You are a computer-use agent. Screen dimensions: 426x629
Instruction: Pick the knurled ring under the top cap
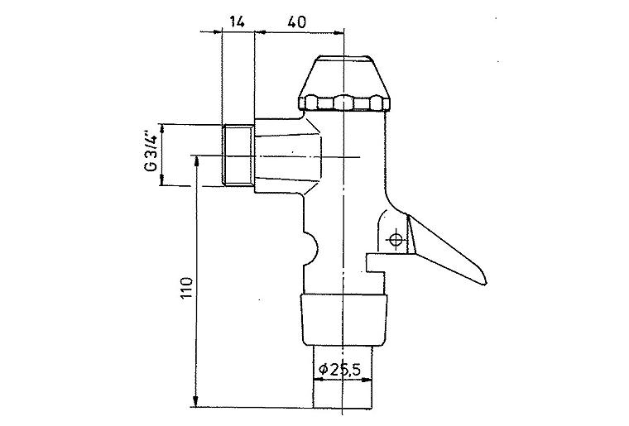click(344, 103)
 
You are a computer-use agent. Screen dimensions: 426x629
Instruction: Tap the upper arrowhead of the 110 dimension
click(197, 160)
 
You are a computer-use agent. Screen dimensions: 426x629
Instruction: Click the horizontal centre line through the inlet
click(331, 156)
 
